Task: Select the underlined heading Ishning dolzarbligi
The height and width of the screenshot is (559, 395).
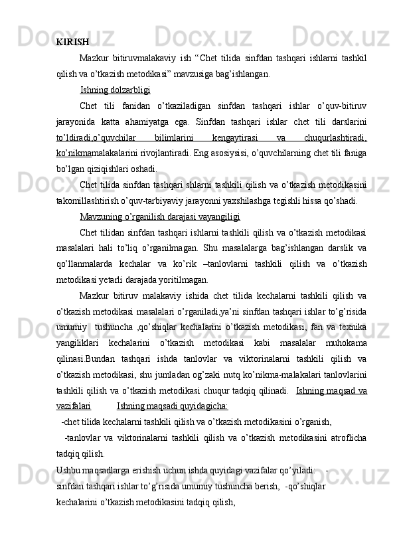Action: click(114, 89)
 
